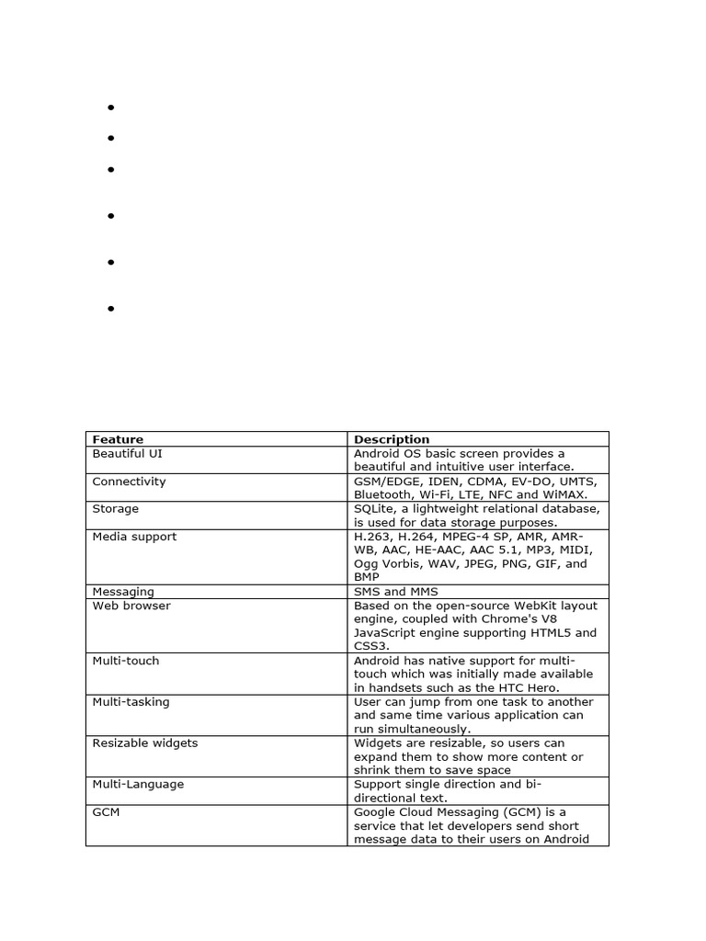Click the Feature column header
(x=118, y=439)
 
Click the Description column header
(x=392, y=439)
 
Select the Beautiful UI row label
(x=128, y=454)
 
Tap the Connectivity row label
(x=129, y=482)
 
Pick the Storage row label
(x=116, y=509)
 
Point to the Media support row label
(x=134, y=537)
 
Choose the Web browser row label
(x=131, y=606)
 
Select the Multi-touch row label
(x=126, y=661)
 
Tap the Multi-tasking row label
(x=131, y=702)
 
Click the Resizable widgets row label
(x=145, y=743)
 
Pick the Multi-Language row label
(x=138, y=785)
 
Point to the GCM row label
(x=106, y=812)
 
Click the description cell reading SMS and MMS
(x=396, y=592)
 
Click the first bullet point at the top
(x=110, y=108)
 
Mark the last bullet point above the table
(x=110, y=309)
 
